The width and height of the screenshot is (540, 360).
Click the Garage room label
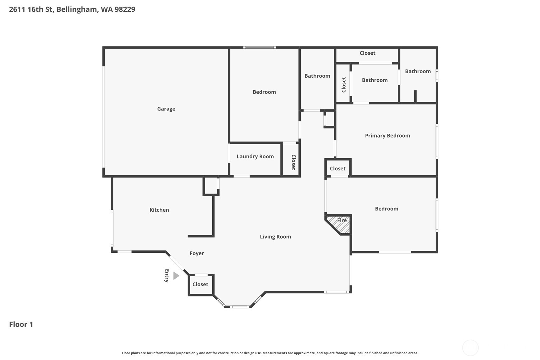[x=166, y=109]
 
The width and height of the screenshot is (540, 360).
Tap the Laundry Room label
[x=255, y=156]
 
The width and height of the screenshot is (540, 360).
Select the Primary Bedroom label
[x=387, y=136]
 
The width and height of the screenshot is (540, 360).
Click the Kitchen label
[x=159, y=210]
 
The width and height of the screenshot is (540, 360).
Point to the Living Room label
[x=275, y=236]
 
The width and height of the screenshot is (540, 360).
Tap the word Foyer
[x=197, y=253]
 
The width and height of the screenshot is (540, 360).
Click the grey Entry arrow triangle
[x=176, y=276]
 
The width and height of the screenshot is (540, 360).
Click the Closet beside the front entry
[x=200, y=284]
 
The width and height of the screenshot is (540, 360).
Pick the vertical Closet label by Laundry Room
[x=293, y=162]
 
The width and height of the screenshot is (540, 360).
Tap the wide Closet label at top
[x=367, y=53]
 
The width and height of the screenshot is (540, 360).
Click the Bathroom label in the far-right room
[x=418, y=71]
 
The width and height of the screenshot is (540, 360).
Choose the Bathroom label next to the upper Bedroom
[x=317, y=76]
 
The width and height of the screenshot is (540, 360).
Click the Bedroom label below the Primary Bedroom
[x=386, y=209]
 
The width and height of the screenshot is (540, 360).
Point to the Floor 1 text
[x=21, y=324]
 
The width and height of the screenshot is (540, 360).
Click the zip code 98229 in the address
[x=125, y=9]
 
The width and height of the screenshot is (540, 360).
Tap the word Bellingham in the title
[x=77, y=9]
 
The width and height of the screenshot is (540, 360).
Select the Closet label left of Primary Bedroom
[x=337, y=169]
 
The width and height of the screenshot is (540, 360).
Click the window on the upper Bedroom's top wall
[x=259, y=47]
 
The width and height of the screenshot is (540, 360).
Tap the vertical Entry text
[x=167, y=276]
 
